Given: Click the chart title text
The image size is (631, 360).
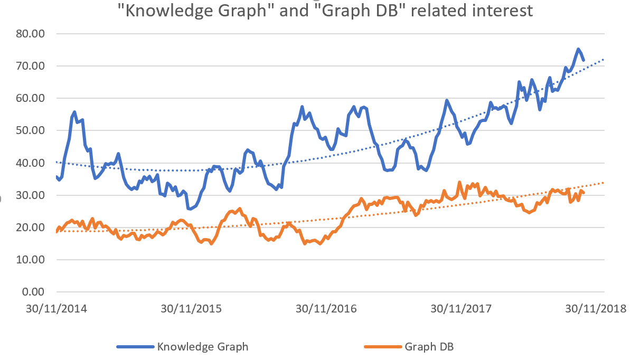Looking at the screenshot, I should tap(326, 11).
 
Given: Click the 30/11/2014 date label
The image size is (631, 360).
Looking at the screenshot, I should tap(56, 308).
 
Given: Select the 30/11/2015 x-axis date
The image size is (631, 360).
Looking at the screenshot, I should tap(191, 308).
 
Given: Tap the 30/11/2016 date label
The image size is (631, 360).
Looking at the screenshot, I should tap(326, 308).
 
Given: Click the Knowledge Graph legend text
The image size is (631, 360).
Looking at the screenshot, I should tap(203, 347).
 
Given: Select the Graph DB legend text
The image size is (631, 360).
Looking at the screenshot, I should tap(429, 347).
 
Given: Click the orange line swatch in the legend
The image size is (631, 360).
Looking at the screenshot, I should tap(383, 347).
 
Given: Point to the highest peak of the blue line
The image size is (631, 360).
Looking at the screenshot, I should tap(578, 49).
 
